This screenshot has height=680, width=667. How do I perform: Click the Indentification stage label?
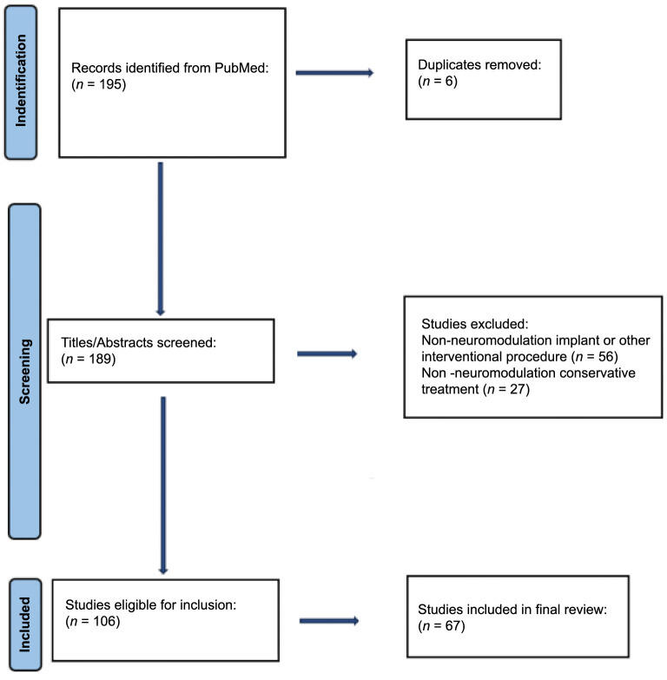21,83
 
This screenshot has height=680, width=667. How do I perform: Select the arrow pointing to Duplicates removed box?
334,73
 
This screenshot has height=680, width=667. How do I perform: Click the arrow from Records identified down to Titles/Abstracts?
161,240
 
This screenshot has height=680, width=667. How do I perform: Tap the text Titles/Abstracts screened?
137,344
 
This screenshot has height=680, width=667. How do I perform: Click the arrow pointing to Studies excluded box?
327,353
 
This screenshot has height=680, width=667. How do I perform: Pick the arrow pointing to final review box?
328,621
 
